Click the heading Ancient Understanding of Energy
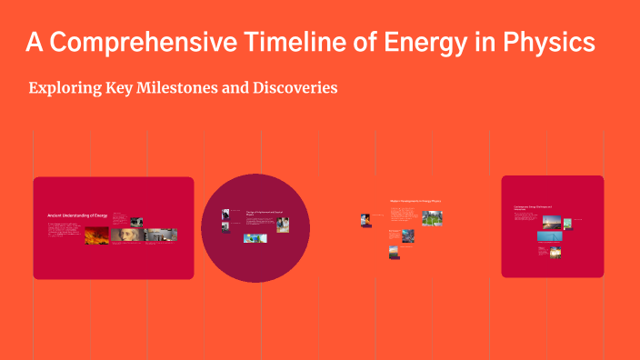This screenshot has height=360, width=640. [77, 215]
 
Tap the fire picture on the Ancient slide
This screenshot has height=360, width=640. [97, 235]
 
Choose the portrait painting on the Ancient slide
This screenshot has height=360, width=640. [123, 235]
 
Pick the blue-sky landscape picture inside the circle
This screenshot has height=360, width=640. [254, 239]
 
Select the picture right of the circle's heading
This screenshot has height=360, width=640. [283, 223]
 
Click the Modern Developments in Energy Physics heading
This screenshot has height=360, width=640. [415, 201]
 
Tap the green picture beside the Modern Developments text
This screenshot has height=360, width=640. [432, 218]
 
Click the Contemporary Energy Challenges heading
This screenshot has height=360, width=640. [535, 208]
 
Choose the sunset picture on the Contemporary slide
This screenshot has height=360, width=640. [551, 222]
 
